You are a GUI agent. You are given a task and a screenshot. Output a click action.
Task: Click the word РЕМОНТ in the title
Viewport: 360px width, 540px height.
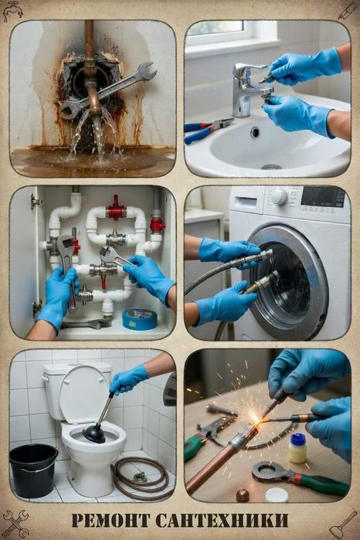coord(111,520)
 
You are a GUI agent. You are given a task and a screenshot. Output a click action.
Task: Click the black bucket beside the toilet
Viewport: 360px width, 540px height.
coord(34,470)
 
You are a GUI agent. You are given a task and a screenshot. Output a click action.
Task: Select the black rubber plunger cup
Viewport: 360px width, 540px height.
coord(93,435)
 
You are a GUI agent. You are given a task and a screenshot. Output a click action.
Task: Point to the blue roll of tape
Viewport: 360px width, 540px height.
coord(140,320)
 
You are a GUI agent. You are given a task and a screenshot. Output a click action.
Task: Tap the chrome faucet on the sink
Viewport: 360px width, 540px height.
coord(247,89)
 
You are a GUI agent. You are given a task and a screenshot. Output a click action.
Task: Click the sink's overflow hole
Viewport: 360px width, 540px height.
coord(255,132)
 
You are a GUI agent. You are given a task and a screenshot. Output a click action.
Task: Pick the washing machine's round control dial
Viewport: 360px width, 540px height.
coord(280,197)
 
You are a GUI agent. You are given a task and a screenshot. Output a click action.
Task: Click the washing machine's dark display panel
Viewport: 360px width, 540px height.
coord(323,197)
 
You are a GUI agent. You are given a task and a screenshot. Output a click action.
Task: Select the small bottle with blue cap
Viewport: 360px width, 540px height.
coord(297,448)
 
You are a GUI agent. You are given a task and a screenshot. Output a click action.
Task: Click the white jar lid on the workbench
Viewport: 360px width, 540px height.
coord(277,495)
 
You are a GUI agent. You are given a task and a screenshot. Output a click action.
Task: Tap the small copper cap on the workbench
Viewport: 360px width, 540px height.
coord(243,495)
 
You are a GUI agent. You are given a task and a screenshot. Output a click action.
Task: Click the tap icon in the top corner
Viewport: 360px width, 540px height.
coord(12,11)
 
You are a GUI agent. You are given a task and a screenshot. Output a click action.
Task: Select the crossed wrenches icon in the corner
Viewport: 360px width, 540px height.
coord(15,524)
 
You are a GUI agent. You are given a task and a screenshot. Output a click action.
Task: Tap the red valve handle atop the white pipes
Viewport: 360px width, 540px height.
coord(116,210)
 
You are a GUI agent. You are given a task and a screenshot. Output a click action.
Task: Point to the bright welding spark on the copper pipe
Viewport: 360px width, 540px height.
coord(256,419)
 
